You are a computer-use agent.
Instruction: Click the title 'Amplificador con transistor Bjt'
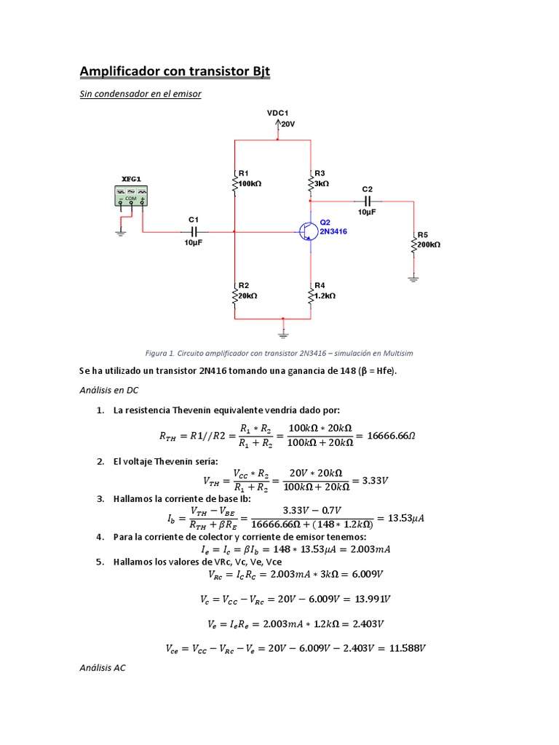point(175,71)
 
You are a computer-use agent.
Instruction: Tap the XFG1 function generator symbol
point(132,196)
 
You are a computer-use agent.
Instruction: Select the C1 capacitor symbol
point(193,231)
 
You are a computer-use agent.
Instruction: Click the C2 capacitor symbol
point(368,200)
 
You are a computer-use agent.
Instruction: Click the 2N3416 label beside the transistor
point(333,231)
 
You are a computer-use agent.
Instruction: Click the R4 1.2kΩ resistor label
point(325,291)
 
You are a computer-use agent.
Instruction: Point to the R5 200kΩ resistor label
point(428,240)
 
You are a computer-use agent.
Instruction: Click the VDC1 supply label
point(278,113)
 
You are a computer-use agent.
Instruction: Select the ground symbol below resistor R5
point(413,277)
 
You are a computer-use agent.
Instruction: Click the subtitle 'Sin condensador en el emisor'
point(140,94)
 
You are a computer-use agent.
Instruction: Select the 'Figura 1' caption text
point(279,353)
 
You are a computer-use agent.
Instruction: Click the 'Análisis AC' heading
point(103,666)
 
